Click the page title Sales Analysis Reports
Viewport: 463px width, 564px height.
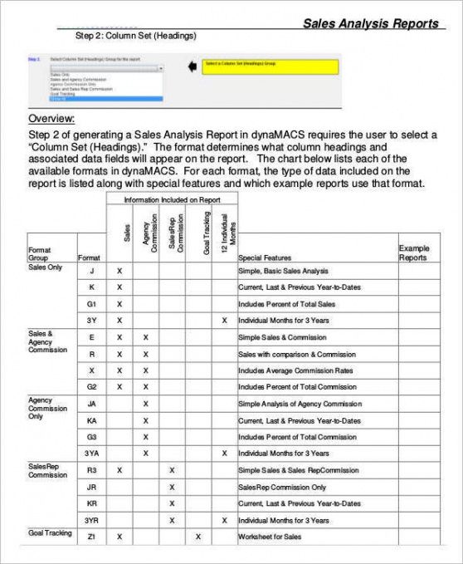(x=370, y=23)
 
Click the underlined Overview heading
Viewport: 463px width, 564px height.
(x=51, y=119)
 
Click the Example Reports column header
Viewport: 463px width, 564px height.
(x=413, y=253)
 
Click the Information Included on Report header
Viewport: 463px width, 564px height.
(x=172, y=200)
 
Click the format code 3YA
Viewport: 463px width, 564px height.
(x=92, y=454)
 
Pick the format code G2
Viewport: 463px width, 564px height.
(x=92, y=387)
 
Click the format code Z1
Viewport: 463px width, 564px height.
(x=91, y=537)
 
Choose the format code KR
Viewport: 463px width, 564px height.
(x=92, y=503)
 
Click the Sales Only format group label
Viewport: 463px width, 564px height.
(x=45, y=267)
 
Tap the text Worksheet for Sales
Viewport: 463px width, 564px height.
(x=269, y=537)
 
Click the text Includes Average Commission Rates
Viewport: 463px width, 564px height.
(x=295, y=370)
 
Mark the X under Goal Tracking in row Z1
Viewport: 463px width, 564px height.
(x=197, y=537)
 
